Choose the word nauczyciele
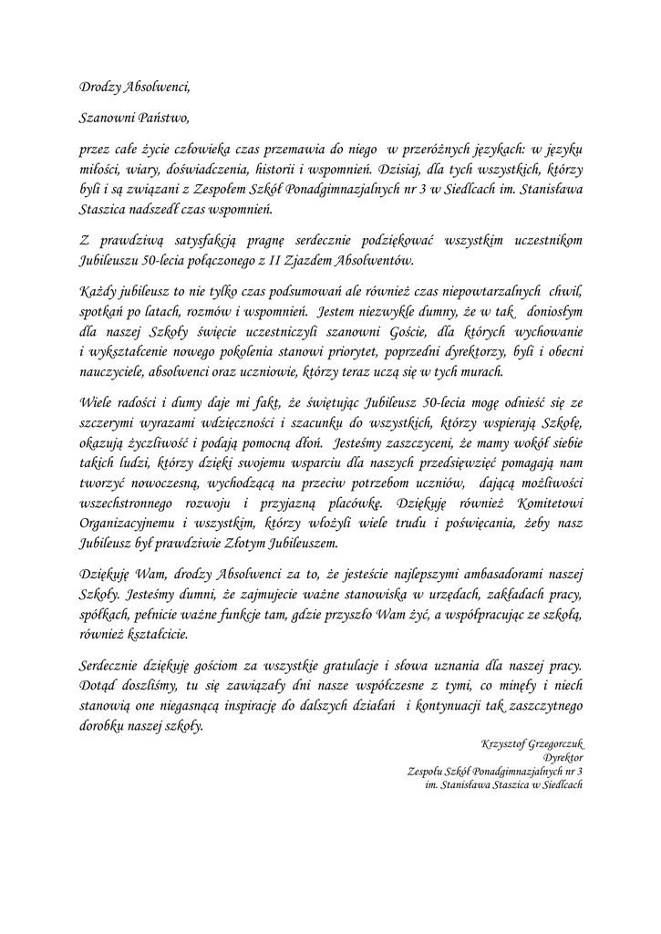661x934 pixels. point(115,372)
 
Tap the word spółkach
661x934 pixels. point(105,614)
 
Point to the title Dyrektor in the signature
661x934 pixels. point(562,759)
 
